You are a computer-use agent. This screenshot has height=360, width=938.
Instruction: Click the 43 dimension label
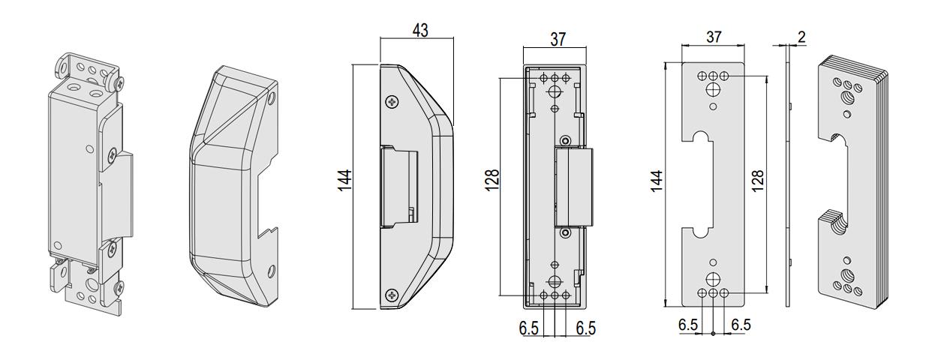(420, 30)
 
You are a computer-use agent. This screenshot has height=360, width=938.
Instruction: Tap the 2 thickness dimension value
(801, 37)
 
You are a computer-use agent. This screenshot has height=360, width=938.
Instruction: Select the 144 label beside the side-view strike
(344, 181)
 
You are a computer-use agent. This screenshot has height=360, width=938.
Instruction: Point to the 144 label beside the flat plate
(657, 181)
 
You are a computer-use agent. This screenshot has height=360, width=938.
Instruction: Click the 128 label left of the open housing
(492, 180)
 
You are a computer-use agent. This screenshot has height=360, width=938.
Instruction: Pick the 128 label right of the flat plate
(757, 181)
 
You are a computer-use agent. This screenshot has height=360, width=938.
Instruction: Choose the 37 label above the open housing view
(558, 39)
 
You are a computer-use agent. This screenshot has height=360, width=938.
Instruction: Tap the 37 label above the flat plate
(714, 37)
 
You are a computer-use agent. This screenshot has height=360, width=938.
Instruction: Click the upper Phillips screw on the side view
(392, 102)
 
